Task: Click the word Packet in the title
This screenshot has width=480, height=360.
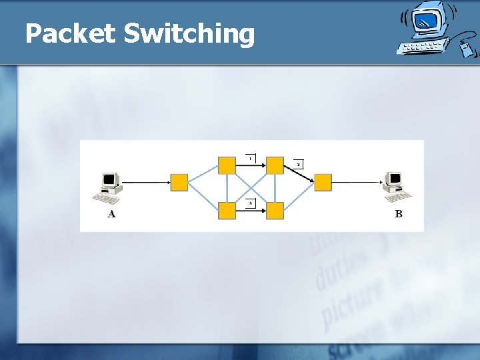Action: coord(70,33)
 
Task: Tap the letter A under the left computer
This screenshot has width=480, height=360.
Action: coord(111,214)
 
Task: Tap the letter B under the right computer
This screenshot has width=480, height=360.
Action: coord(399,214)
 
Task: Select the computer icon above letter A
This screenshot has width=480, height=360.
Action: coord(109,187)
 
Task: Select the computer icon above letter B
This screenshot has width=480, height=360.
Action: coord(397,187)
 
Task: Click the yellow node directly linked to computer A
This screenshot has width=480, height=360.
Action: coord(179,183)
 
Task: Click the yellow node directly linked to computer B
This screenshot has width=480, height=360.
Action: coord(323,183)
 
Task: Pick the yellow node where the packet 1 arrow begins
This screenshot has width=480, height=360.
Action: coord(227,165)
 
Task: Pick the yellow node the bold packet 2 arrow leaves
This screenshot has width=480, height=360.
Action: coord(275,165)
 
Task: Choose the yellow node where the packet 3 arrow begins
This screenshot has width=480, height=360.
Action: coord(227,211)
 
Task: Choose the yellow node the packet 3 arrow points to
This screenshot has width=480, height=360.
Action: coord(275,211)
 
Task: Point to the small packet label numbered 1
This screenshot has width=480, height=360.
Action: coord(250,158)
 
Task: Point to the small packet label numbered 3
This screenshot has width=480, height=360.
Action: coord(250,203)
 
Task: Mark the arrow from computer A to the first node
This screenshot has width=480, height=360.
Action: coord(147,182)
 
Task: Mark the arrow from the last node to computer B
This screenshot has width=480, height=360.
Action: coord(357,182)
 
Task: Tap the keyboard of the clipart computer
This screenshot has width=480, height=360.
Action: coord(421,47)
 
